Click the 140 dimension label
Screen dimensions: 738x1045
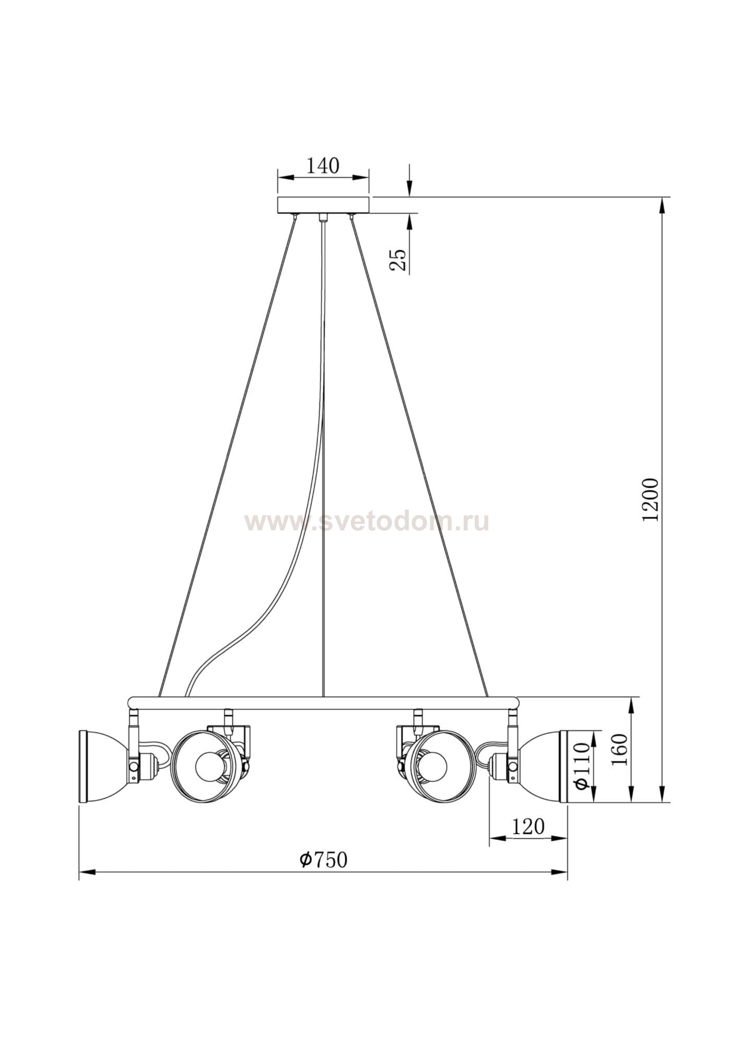pyautogui.click(x=322, y=166)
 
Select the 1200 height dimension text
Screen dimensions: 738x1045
pyautogui.click(x=651, y=500)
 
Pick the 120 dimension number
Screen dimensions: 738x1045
pyautogui.click(x=528, y=827)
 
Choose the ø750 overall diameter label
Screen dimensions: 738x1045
pyautogui.click(x=323, y=860)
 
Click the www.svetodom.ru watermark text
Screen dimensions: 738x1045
pyautogui.click(x=367, y=521)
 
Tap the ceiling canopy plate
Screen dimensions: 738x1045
pyautogui.click(x=323, y=205)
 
